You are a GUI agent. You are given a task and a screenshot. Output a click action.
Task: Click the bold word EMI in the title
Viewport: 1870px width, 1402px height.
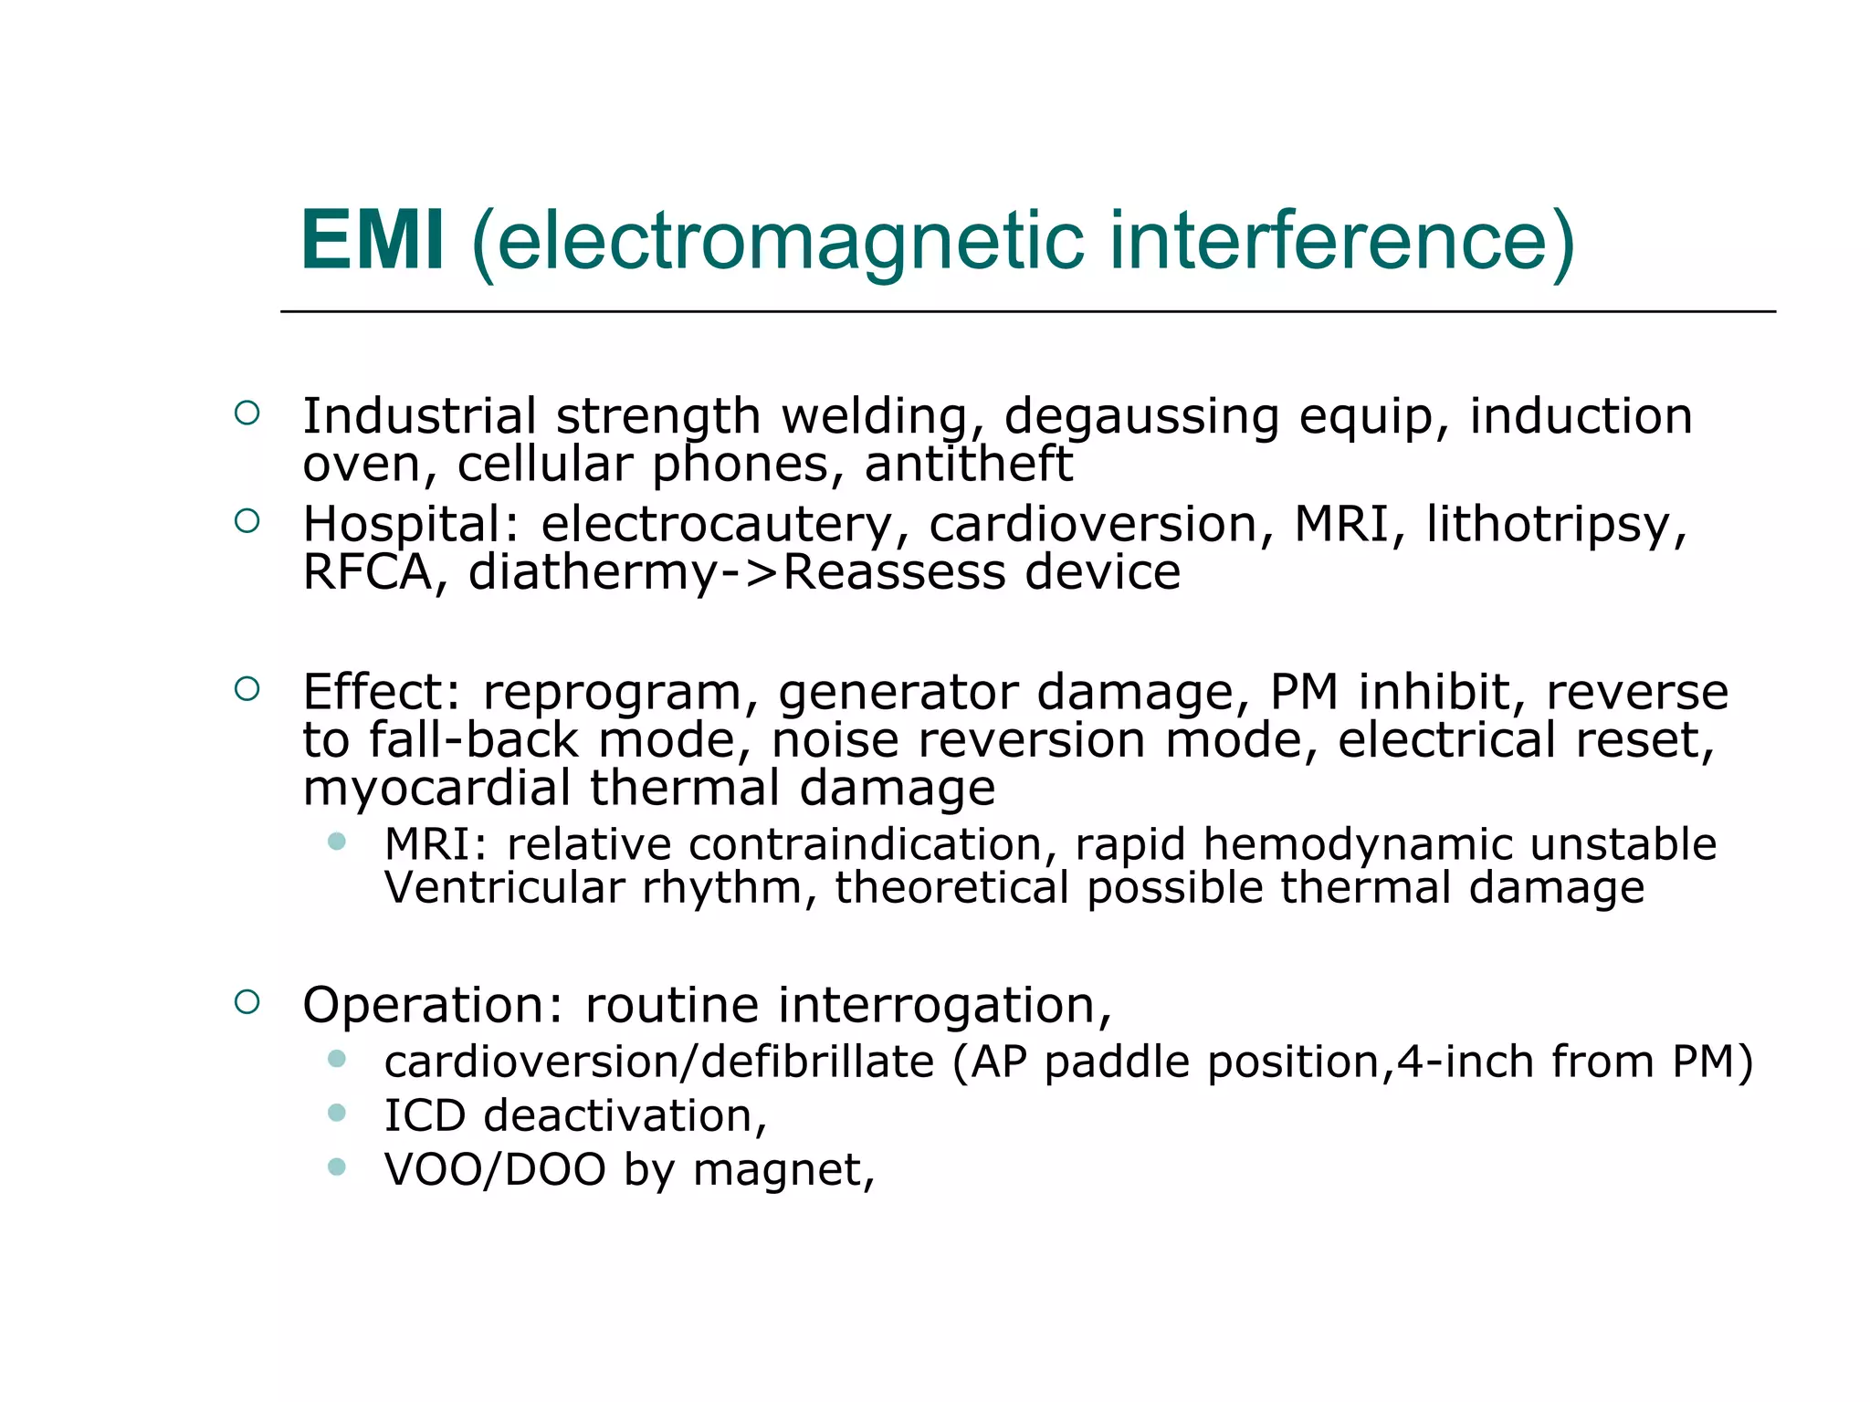click(x=373, y=241)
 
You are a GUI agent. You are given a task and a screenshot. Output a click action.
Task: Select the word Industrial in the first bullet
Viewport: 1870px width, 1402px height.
click(x=419, y=416)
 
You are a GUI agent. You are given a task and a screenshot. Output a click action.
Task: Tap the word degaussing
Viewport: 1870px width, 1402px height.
click(x=1141, y=418)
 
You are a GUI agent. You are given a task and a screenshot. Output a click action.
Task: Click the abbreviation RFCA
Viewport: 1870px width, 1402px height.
click(x=367, y=572)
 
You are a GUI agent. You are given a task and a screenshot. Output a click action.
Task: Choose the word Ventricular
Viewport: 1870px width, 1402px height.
click(x=505, y=887)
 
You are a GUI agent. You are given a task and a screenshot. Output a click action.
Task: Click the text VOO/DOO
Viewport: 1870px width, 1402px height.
click(x=495, y=1170)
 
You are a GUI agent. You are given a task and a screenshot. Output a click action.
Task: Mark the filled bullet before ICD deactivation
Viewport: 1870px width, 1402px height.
click(x=337, y=1113)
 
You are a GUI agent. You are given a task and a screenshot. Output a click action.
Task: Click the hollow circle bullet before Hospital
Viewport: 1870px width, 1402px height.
click(x=247, y=521)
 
